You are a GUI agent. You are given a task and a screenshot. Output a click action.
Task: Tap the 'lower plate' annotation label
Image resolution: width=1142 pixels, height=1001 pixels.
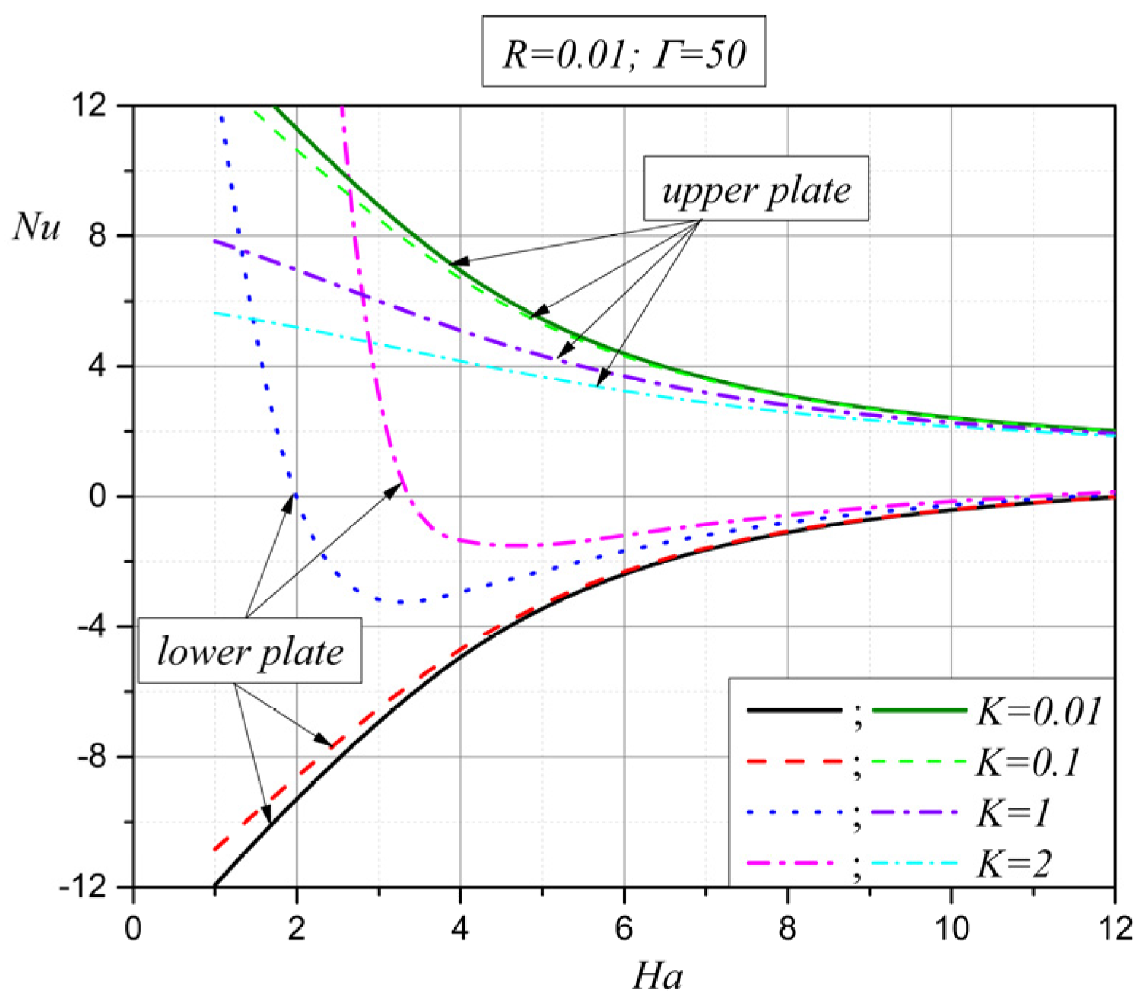point(250,651)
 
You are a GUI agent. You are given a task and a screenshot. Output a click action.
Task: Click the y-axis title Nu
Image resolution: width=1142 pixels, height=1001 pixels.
point(36,226)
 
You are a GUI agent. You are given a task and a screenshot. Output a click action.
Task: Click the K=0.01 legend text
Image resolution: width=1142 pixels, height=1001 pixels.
point(1038,711)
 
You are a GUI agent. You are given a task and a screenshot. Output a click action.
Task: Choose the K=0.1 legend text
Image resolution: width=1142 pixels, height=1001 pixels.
point(1028,762)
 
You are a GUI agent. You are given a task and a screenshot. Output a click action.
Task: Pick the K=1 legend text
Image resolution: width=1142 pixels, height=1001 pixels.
point(1013,813)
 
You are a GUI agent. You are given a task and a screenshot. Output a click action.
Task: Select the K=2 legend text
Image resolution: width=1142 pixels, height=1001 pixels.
point(1014,864)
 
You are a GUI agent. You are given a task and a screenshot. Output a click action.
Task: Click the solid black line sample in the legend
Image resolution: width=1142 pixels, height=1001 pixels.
point(794,710)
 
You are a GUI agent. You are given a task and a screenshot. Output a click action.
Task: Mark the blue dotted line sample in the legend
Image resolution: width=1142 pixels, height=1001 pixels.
point(794,812)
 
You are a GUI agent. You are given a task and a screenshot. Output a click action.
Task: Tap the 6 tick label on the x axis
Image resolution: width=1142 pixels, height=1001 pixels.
point(624,929)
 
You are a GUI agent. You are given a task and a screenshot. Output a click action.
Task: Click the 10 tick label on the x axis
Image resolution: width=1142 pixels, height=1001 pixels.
point(951,929)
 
